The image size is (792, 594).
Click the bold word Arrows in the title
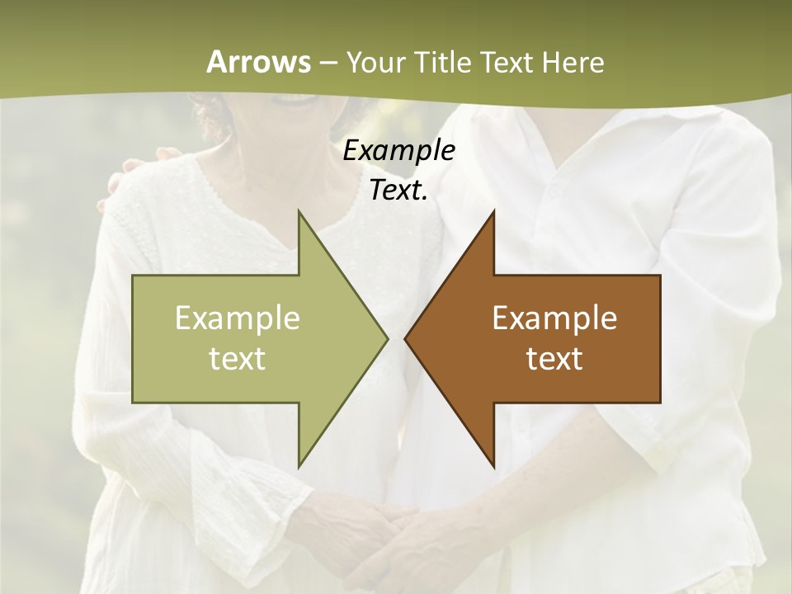pos(258,62)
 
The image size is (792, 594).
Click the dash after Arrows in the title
pos(327,64)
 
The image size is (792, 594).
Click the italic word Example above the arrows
pos(398,150)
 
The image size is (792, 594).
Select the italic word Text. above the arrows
pos(398,191)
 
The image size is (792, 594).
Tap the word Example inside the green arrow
pos(238,318)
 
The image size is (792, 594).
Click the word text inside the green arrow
pos(238,358)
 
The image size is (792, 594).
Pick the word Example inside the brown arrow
pos(554,318)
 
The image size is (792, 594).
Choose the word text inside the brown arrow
pos(554,358)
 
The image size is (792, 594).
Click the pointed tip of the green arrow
pos(386,338)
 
